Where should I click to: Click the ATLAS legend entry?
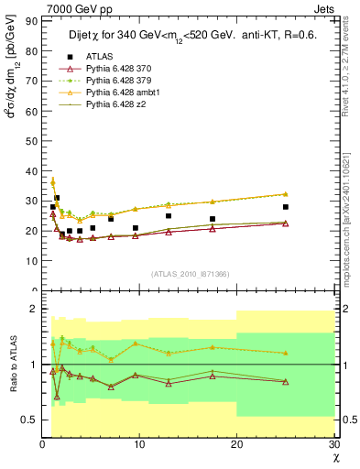tap(98, 58)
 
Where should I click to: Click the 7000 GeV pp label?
tap(71, 7)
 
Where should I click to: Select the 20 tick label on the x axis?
tap(236, 444)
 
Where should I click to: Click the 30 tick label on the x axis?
tap(333, 444)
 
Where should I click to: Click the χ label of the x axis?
tap(335, 456)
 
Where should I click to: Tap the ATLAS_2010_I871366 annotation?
tap(190, 274)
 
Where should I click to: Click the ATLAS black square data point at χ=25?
tap(286, 207)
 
